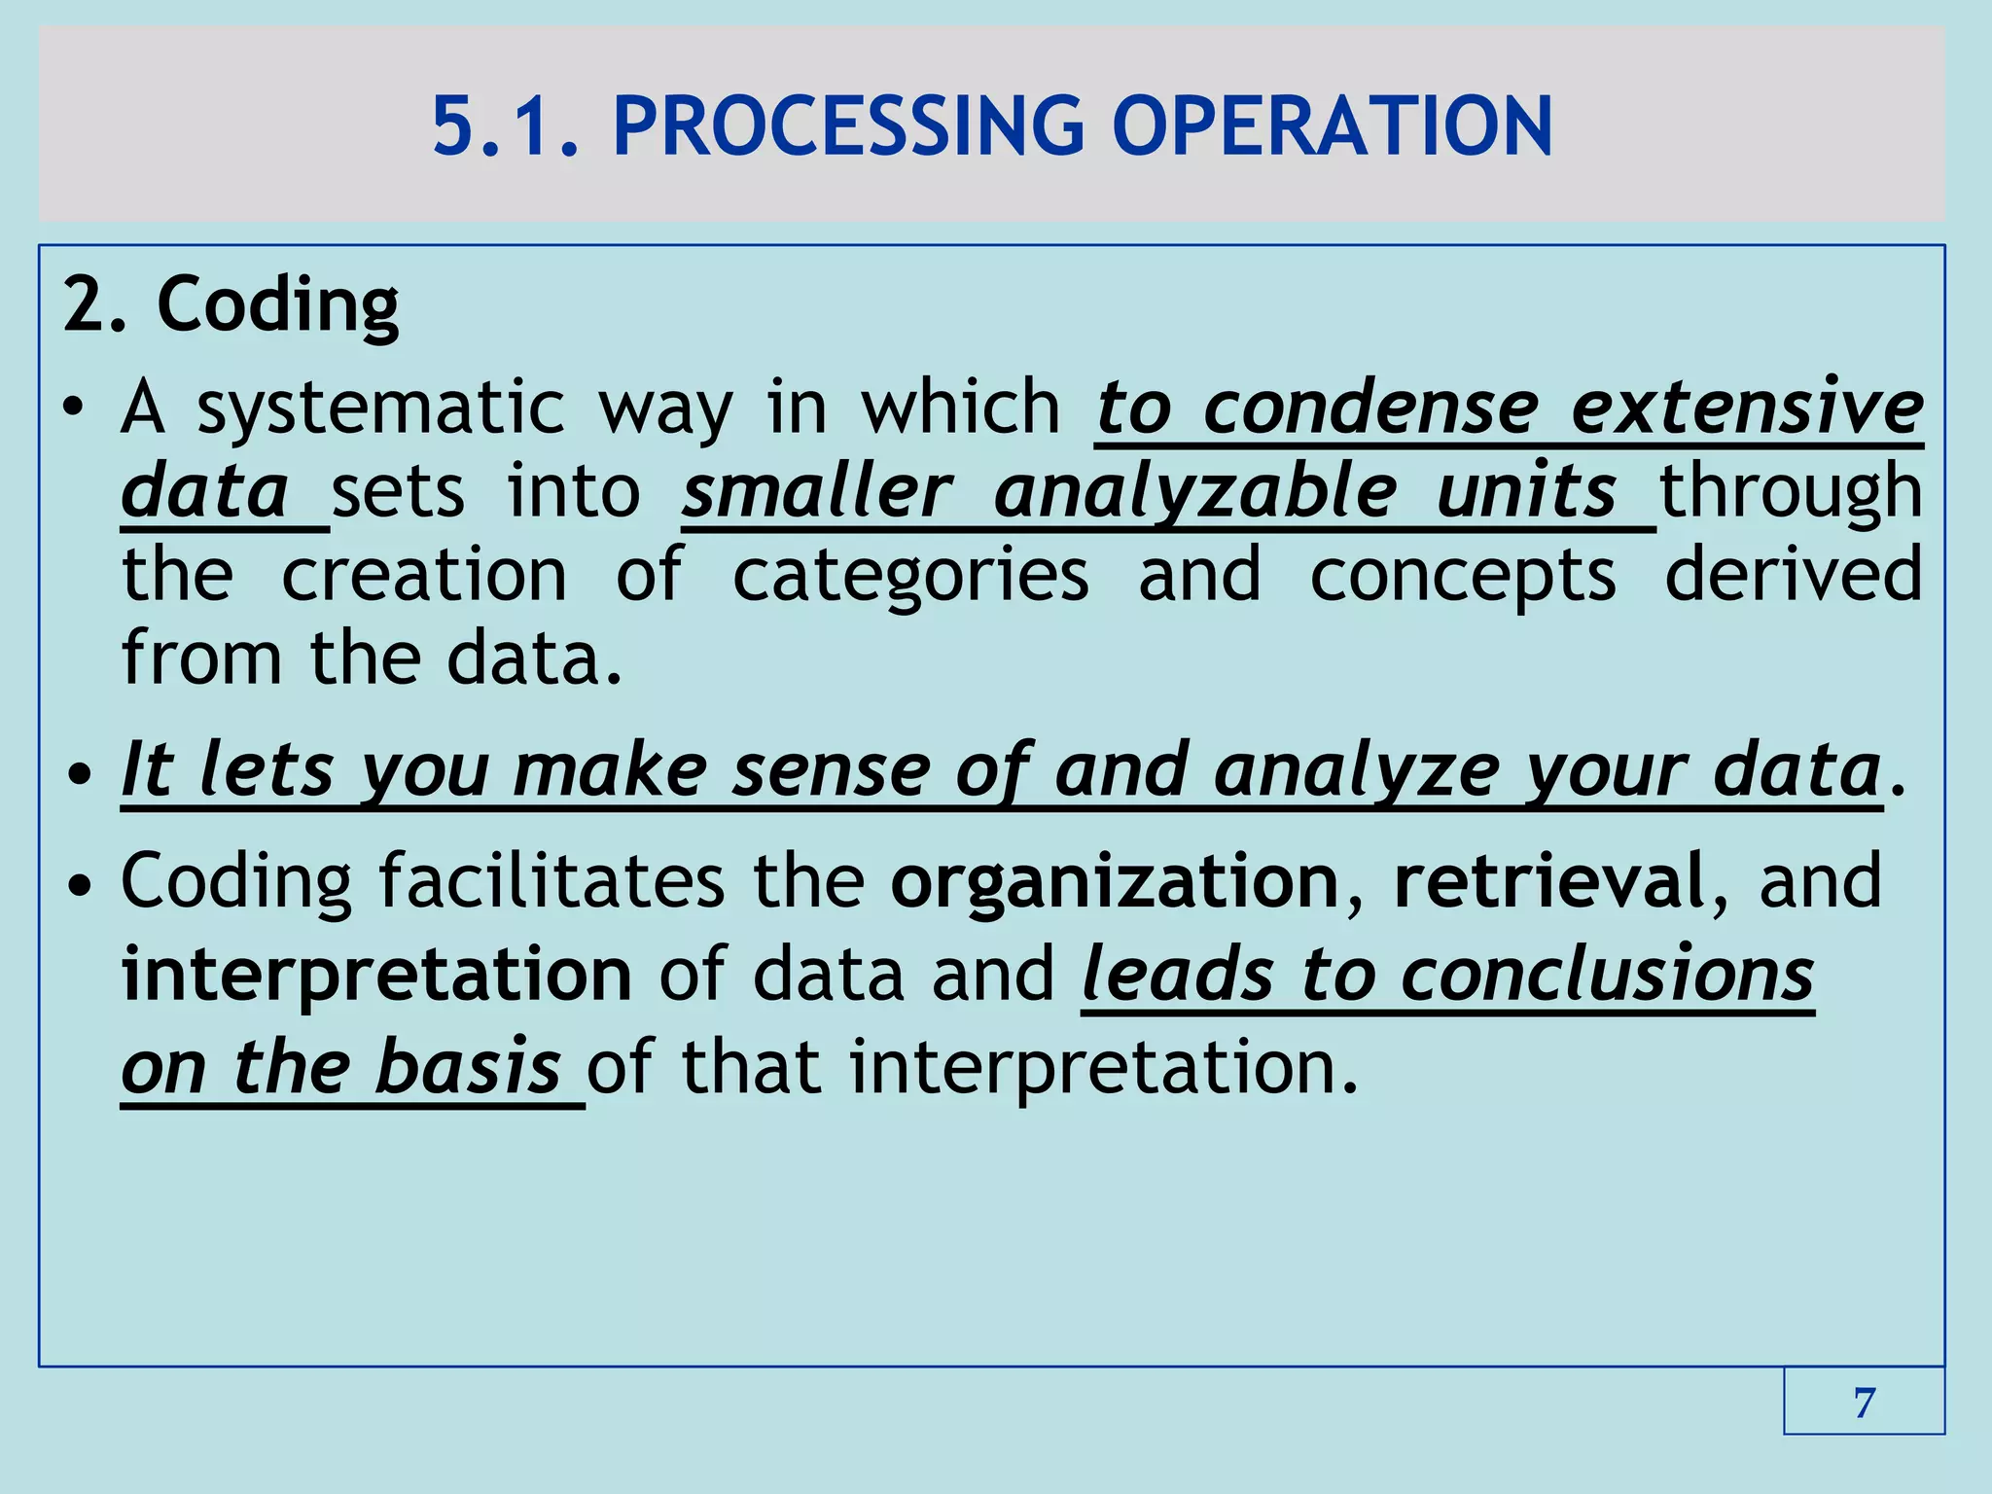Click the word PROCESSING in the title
click(847, 126)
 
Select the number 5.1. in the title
click(506, 126)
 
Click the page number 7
click(1864, 1403)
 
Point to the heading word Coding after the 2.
click(277, 305)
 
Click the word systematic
click(380, 409)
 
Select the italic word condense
click(1370, 409)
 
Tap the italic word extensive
click(1747, 409)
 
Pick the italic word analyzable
click(1195, 492)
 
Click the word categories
click(910, 576)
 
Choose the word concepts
click(1463, 576)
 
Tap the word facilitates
click(551, 881)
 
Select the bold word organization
click(1116, 881)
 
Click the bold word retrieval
click(1548, 881)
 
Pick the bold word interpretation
click(376, 976)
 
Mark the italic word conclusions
click(1607, 974)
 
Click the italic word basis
click(468, 1067)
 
